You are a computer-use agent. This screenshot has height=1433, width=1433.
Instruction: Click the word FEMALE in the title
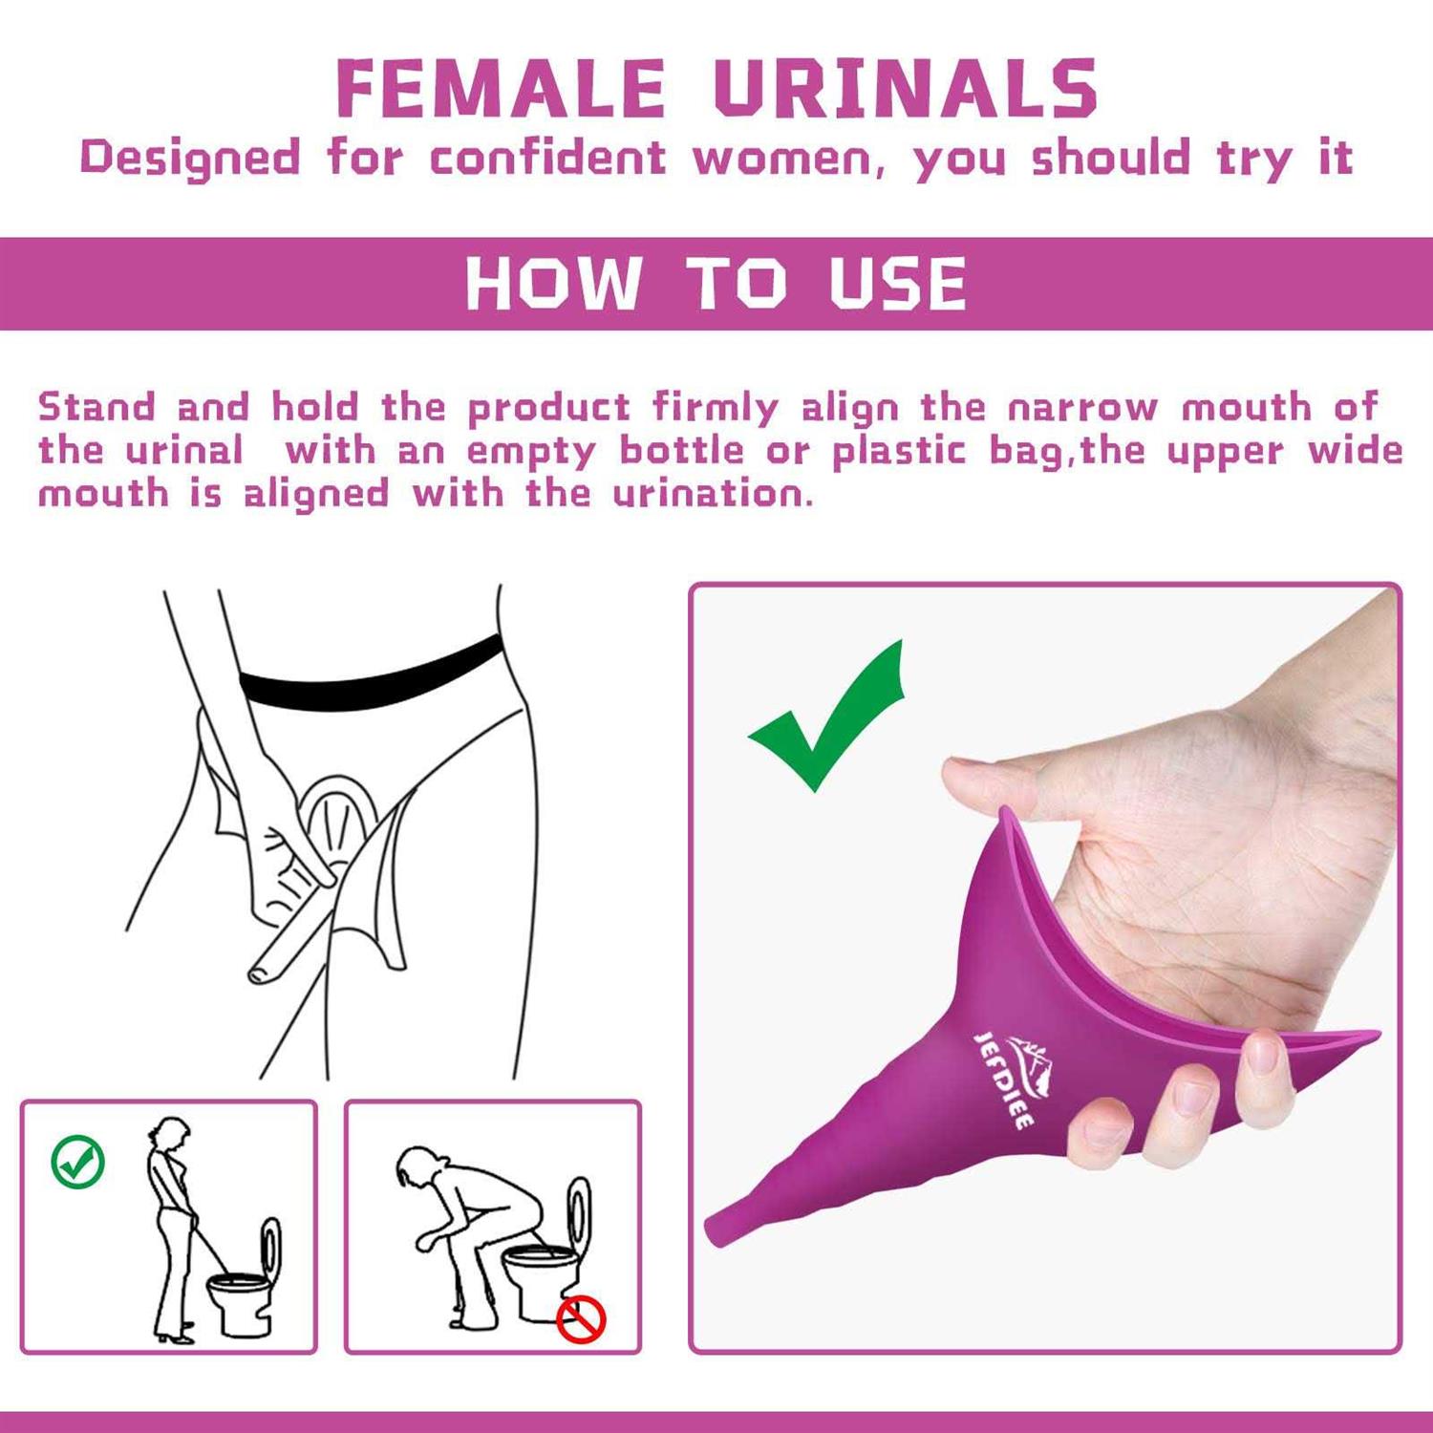point(501,89)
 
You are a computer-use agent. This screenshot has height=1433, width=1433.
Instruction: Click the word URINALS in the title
point(906,89)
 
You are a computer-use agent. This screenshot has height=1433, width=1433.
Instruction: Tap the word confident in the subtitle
point(547,159)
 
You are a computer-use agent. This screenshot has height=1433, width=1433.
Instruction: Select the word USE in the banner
point(898,284)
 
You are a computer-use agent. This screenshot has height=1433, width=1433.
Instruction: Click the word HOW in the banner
point(553,284)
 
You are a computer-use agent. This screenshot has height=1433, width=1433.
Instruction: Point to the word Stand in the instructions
point(96,408)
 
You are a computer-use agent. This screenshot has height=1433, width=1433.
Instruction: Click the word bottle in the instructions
point(681,451)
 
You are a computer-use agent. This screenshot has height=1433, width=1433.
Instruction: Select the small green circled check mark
point(77,1162)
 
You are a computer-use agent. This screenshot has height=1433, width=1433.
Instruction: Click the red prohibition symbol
point(581,1319)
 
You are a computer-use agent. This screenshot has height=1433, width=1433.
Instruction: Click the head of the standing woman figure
point(171,1135)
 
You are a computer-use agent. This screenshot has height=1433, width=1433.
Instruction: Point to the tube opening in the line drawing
point(258,973)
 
